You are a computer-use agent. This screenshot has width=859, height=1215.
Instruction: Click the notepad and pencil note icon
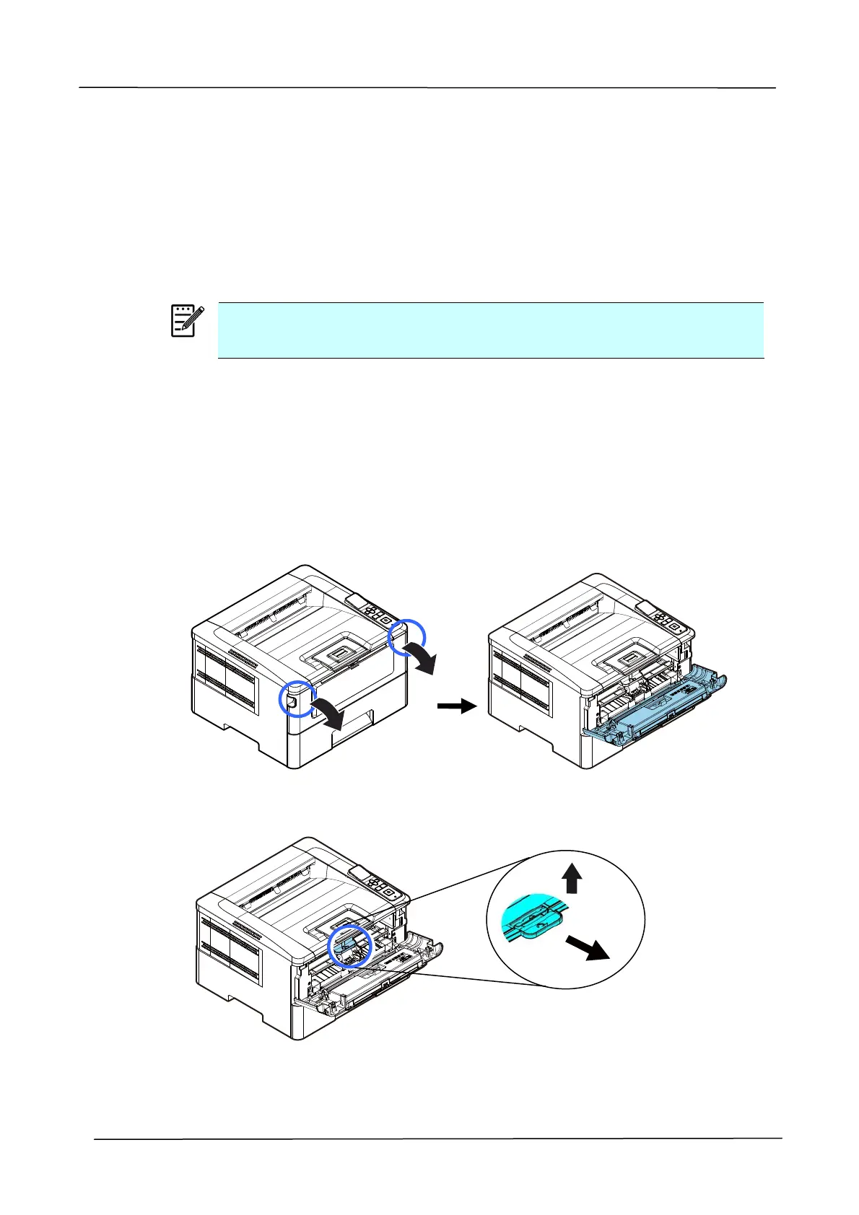coord(186,321)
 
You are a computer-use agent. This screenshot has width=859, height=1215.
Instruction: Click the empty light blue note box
coord(490,330)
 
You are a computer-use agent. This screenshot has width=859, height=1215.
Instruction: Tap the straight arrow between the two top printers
coord(457,707)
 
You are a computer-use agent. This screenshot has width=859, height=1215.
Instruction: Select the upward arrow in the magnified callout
coord(572,880)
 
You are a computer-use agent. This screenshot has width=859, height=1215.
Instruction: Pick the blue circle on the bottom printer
coord(350,946)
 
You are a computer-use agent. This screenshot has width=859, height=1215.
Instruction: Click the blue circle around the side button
coord(297,698)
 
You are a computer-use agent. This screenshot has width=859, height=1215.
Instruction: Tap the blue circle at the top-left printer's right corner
coord(407,639)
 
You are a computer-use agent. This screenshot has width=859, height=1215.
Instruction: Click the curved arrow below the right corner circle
coord(420,658)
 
